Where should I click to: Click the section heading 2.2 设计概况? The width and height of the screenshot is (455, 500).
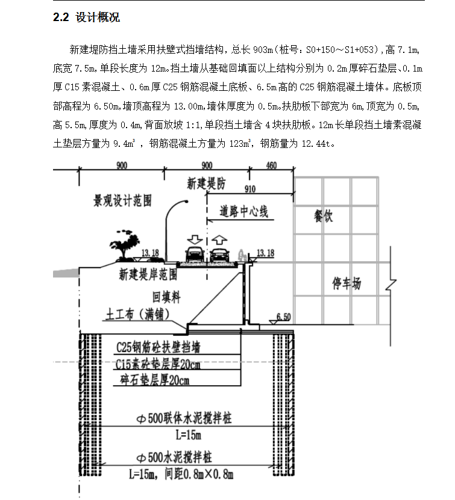coord(86,17)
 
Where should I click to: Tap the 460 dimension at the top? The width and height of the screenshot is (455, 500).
coord(271,165)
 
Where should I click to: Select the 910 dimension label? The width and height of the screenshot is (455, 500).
coord(250,189)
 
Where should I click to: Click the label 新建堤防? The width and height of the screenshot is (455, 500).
coord(206,184)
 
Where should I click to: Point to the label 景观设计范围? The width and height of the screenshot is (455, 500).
coord(122,200)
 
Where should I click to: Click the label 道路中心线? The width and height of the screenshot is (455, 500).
coord(243,211)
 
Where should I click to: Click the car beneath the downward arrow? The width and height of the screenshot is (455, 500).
coord(195,255)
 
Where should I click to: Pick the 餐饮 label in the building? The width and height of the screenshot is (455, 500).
coord(323,216)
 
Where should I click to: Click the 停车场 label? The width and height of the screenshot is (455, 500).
coord(347,283)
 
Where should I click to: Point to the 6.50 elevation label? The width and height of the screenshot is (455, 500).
coord(283,317)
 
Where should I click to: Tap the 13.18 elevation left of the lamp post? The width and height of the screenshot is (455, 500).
coord(150,253)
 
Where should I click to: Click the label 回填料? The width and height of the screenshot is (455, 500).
coord(166,297)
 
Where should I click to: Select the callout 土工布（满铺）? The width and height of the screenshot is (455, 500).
coord(137,315)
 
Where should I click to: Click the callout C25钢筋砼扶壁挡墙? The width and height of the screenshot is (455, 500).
coord(158,347)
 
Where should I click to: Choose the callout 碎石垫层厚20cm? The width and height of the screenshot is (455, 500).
coord(155,380)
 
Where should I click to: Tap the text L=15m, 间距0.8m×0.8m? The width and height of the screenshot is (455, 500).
coord(181,475)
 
